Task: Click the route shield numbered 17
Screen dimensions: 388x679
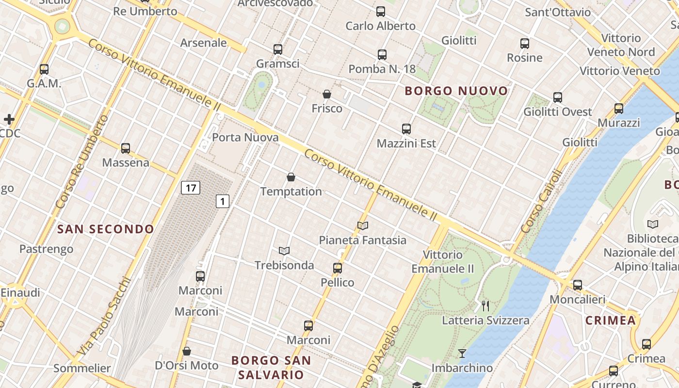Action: (x=191, y=188)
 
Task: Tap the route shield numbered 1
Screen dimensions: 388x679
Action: (x=222, y=201)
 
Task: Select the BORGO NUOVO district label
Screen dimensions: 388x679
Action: (x=456, y=91)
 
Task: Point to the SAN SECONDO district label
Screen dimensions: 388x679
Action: (x=106, y=229)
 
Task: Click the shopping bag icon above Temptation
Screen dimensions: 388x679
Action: (x=291, y=177)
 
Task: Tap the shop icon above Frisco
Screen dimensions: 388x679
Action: (x=327, y=94)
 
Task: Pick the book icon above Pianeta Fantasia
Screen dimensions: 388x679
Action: (x=363, y=226)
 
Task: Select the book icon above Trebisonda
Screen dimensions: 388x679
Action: (x=284, y=251)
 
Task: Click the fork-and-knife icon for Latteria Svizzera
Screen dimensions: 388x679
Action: (x=485, y=306)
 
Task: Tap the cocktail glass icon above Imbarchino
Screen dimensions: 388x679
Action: (x=462, y=354)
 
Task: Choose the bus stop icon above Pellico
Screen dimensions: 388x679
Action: (x=338, y=268)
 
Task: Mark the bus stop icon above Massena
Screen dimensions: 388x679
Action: (x=126, y=148)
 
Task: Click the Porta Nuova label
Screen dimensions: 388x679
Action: (x=245, y=137)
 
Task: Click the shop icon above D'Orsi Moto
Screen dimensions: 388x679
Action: (x=187, y=351)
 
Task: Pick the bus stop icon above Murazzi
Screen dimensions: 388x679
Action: (x=619, y=108)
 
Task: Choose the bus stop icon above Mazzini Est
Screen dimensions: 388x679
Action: (x=406, y=129)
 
